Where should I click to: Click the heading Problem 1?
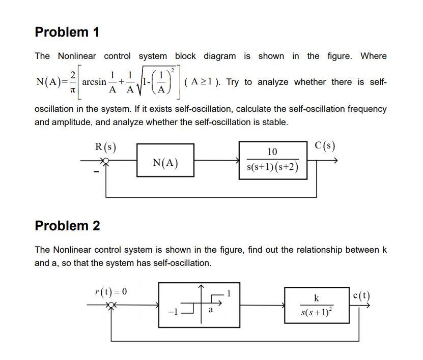click(67, 32)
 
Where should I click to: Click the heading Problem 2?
click(67, 226)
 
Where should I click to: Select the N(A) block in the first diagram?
click(165, 163)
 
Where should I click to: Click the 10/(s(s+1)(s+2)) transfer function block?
click(272, 160)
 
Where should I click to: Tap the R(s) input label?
click(105, 147)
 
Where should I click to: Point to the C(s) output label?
click(325, 146)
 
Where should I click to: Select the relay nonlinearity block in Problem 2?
click(199, 304)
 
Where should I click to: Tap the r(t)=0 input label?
click(110, 291)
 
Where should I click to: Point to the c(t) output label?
click(361, 295)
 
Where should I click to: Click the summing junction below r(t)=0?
click(110, 306)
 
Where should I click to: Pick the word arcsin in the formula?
click(94, 81)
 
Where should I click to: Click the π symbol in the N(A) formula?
click(73, 89)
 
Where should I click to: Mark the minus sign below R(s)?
click(95, 171)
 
